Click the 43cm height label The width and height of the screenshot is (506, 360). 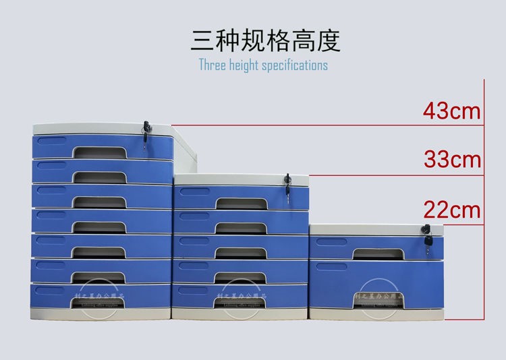[x=452, y=111]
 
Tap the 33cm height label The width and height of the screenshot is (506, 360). [x=452, y=160]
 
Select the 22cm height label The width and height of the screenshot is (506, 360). [x=452, y=210]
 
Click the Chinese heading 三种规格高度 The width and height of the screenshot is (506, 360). [x=266, y=40]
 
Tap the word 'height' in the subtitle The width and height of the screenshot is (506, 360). [x=243, y=65]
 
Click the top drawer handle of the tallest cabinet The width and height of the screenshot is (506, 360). [x=99, y=152]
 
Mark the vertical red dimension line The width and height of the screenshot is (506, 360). [x=485, y=202]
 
